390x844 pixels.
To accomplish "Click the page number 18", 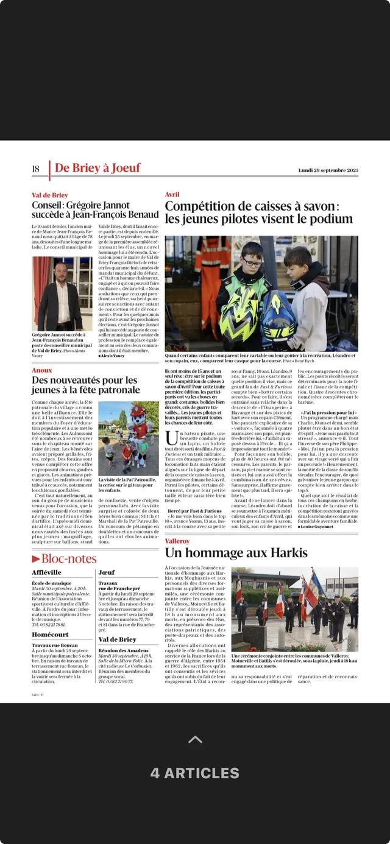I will click(x=35, y=169).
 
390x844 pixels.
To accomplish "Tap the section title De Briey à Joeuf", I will click(x=97, y=168).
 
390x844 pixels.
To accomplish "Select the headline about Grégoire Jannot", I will click(x=95, y=209).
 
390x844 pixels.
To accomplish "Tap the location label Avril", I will click(x=172, y=194).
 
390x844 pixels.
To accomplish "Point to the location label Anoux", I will click(x=42, y=370).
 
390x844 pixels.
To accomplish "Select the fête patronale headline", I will click(x=85, y=385).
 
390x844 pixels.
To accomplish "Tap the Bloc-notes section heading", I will click(x=68, y=558).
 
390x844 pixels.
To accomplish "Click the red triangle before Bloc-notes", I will click(x=36, y=558).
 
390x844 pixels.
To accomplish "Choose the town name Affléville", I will click(x=46, y=572).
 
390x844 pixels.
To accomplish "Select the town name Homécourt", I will click(x=50, y=635).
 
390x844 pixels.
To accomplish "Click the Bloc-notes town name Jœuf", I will click(x=107, y=572).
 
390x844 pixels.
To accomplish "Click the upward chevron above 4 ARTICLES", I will click(x=195, y=739).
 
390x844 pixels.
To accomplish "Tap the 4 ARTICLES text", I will click(x=195, y=773).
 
